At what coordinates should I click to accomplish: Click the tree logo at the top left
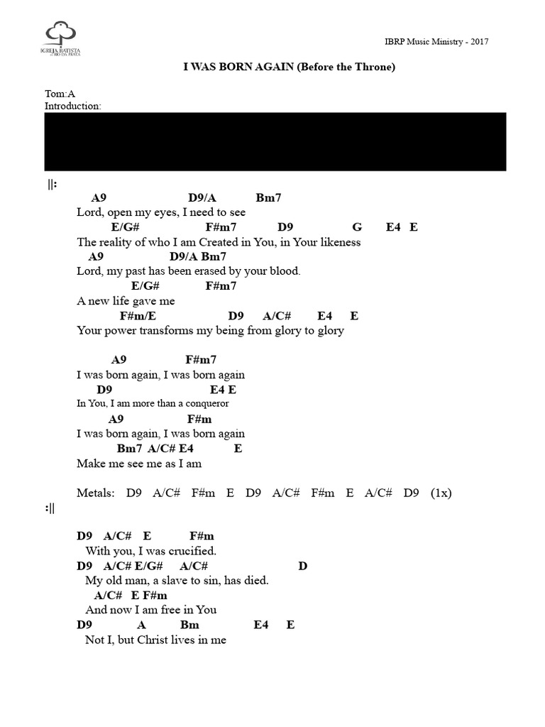coord(61,38)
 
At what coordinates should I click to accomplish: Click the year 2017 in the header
coord(479,42)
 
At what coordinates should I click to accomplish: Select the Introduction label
coord(73,106)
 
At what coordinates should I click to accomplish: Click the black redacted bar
coord(275,141)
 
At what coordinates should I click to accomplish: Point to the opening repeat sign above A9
coord(52,185)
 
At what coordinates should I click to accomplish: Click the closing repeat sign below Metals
coord(50,508)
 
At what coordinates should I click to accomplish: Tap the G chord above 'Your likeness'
coord(357,226)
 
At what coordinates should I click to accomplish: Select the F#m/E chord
coord(138,316)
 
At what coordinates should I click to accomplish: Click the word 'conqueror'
coord(207,403)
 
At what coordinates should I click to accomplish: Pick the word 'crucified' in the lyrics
coord(192,551)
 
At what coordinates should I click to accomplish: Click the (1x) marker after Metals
coord(441,493)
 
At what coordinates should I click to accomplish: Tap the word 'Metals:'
coord(96,493)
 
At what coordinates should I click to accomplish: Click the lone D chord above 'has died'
coord(302,566)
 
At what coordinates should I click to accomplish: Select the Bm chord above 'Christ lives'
coord(189,625)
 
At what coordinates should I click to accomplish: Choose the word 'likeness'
coord(341,241)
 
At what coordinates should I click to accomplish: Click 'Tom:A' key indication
coord(60,94)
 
